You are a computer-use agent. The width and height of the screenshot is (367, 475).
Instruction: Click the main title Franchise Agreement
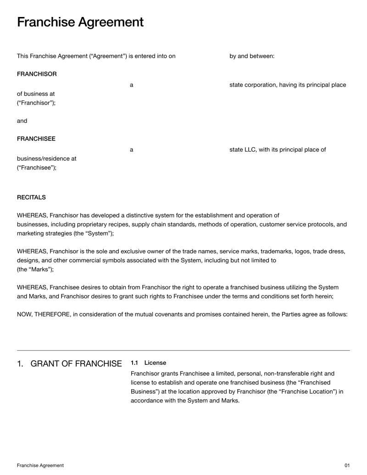(80, 22)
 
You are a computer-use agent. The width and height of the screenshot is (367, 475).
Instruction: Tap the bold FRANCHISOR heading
(37, 74)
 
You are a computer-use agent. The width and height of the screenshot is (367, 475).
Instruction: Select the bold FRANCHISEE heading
(36, 139)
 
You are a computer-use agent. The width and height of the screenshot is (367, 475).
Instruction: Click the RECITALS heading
(31, 197)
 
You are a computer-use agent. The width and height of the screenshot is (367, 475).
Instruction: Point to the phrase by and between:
(252, 56)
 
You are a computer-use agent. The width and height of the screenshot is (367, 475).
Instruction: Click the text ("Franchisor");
(36, 103)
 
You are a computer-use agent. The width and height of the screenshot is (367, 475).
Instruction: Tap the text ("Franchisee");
(37, 168)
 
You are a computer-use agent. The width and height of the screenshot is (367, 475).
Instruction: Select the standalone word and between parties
(22, 121)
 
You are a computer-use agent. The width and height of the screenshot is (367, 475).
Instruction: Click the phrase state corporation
(257, 85)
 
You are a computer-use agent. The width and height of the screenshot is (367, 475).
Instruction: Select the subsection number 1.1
(134, 363)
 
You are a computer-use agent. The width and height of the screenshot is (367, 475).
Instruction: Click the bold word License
(155, 363)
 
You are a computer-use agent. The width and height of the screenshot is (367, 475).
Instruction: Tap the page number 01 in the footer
(347, 465)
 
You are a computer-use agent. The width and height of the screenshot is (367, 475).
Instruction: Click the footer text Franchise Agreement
(40, 465)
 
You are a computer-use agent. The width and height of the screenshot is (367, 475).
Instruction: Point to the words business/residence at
(47, 159)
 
